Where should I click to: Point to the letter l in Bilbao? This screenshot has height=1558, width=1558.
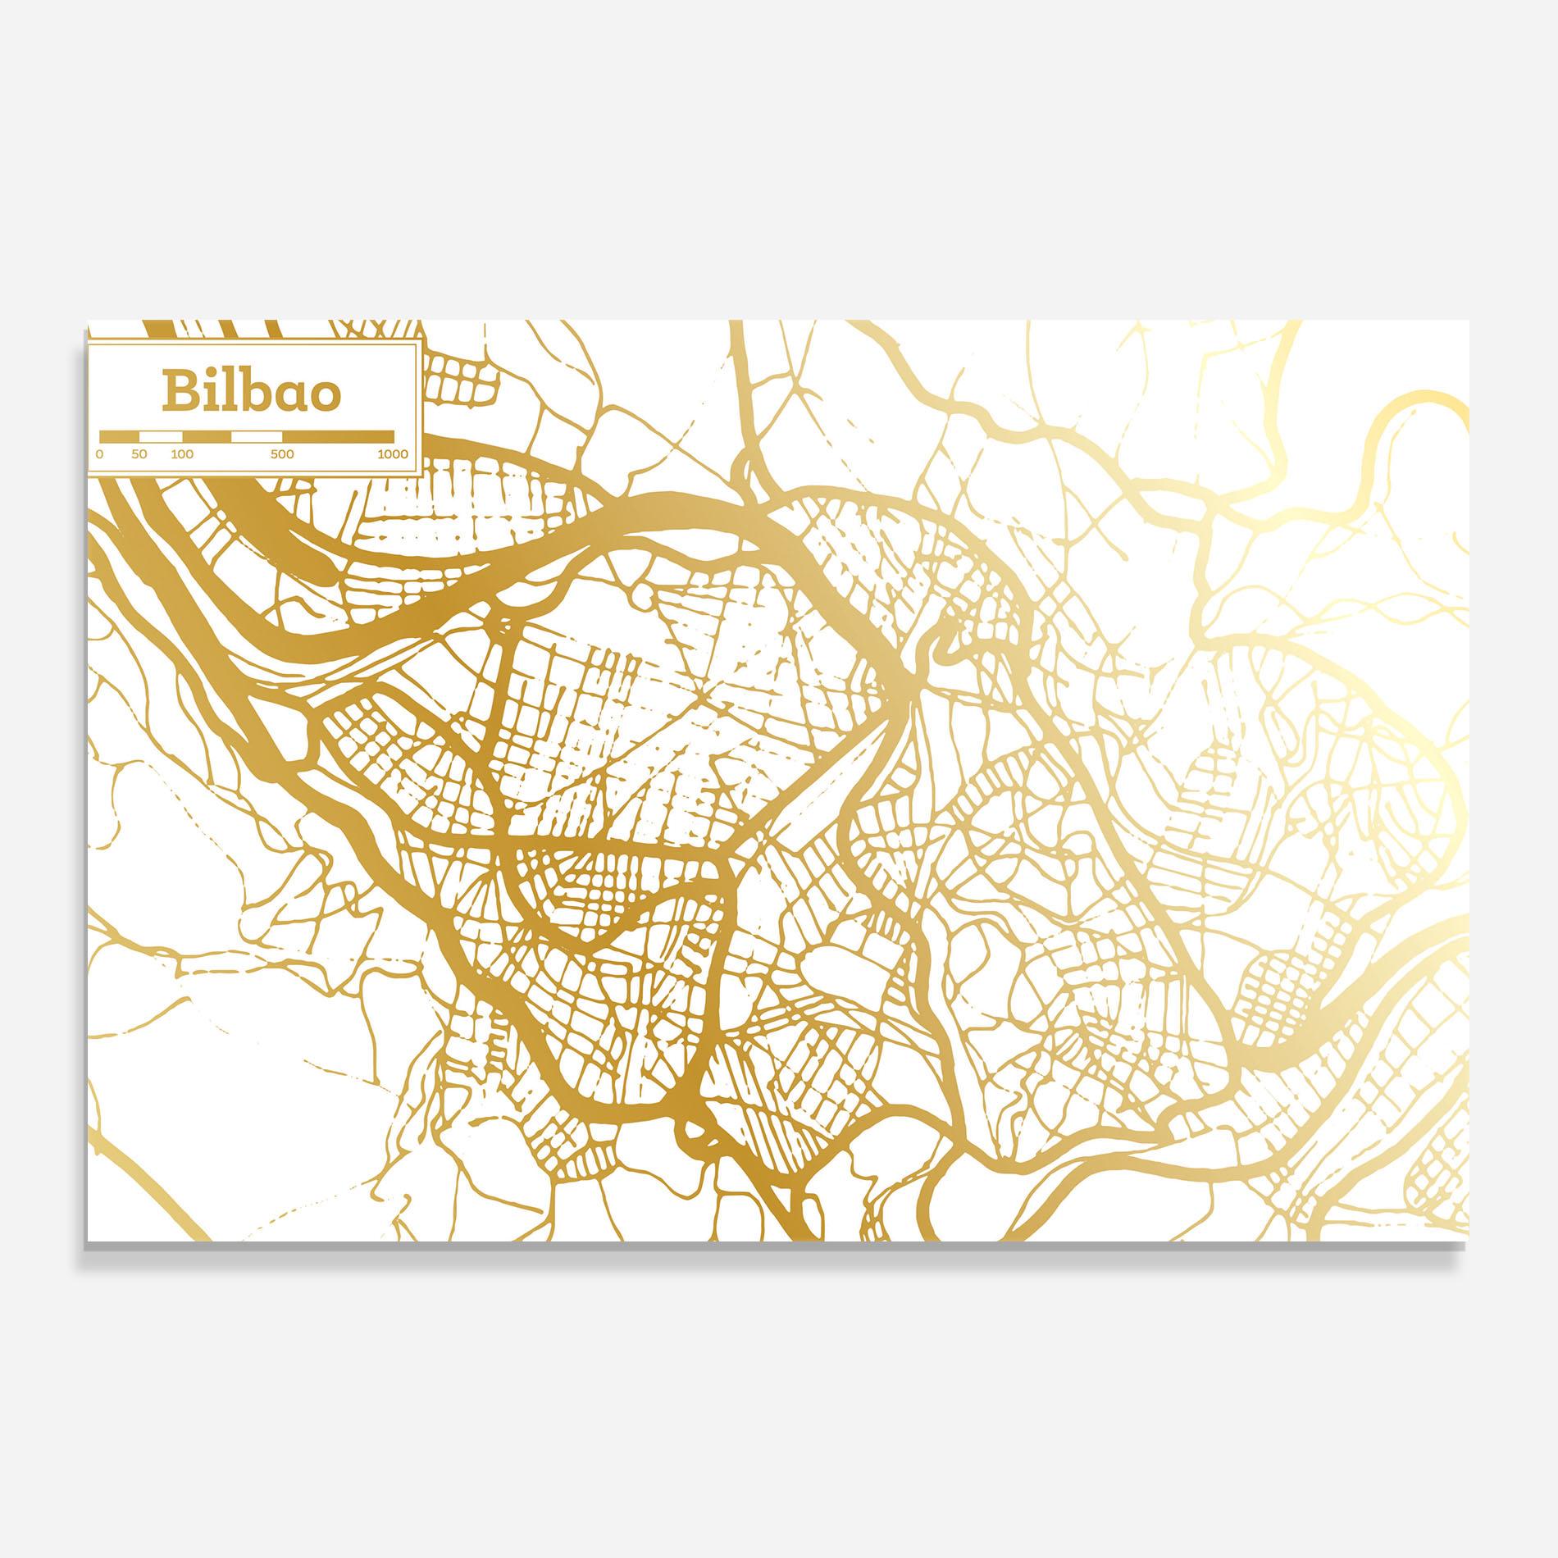pyautogui.click(x=230, y=390)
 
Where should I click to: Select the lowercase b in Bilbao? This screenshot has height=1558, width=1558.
pyautogui.click(x=255, y=391)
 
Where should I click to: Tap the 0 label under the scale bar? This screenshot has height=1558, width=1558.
pyautogui.click(x=100, y=453)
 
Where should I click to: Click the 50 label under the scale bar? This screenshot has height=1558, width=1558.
pyautogui.click(x=139, y=453)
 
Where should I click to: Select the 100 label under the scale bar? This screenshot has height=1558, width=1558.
pyautogui.click(x=182, y=453)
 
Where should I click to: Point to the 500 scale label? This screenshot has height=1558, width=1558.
pyautogui.click(x=281, y=453)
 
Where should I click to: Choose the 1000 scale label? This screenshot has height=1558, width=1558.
pyautogui.click(x=393, y=453)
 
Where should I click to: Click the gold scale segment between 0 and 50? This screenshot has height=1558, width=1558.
pyautogui.click(x=119, y=435)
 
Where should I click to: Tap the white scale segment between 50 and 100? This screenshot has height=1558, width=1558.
pyautogui.click(x=161, y=435)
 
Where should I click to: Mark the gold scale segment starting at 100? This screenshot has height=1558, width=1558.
pyautogui.click(x=207, y=435)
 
